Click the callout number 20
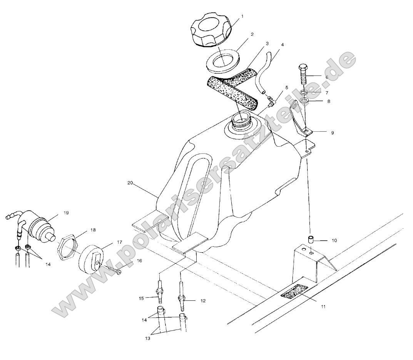pos(130,183)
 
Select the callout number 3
pos(267,44)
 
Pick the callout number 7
pos(327,92)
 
